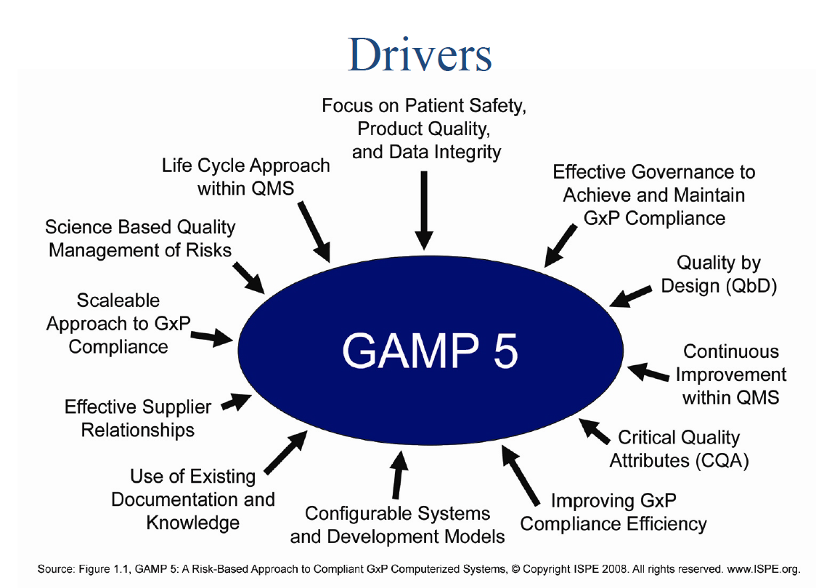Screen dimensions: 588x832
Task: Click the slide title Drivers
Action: (420, 54)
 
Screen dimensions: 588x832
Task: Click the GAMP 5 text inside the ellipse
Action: (430, 351)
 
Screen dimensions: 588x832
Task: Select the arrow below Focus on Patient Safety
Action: (425, 211)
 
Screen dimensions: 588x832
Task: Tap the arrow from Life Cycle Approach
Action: (314, 229)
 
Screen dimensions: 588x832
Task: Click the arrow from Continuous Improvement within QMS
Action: (648, 373)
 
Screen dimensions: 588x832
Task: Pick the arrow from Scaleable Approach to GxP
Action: (213, 337)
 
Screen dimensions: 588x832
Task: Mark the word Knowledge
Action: (192, 523)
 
